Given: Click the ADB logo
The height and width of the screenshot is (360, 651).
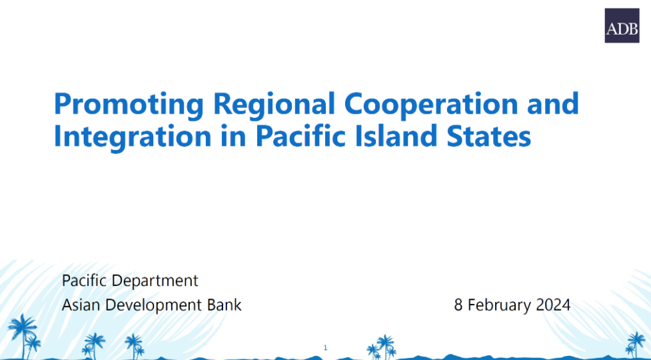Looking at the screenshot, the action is (x=622, y=25).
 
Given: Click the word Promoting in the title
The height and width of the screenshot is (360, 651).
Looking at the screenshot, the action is (x=129, y=105).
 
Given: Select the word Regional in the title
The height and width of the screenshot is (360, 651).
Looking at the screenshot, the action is (x=274, y=105).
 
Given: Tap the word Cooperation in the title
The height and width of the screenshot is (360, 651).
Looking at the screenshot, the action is (x=431, y=105).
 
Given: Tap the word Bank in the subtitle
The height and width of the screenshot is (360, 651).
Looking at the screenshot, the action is (x=224, y=305).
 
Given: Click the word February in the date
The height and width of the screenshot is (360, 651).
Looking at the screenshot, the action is (x=499, y=306).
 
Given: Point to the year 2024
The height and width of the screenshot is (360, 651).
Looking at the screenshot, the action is (x=553, y=305).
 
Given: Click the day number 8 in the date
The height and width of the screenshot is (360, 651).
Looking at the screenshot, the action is (x=458, y=305).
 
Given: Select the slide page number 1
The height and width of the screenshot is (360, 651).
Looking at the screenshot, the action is (x=325, y=348).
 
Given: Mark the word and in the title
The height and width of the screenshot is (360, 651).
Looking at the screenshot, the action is (x=554, y=104).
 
